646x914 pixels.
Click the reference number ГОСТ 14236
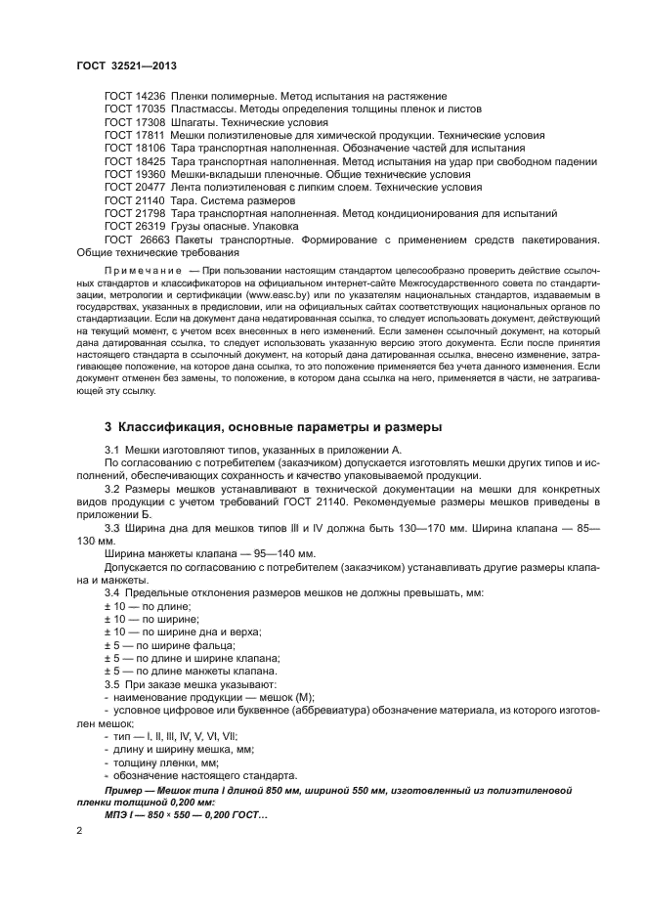[135, 97]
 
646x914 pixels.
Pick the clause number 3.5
[112, 684]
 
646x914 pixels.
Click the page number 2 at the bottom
[79, 829]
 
